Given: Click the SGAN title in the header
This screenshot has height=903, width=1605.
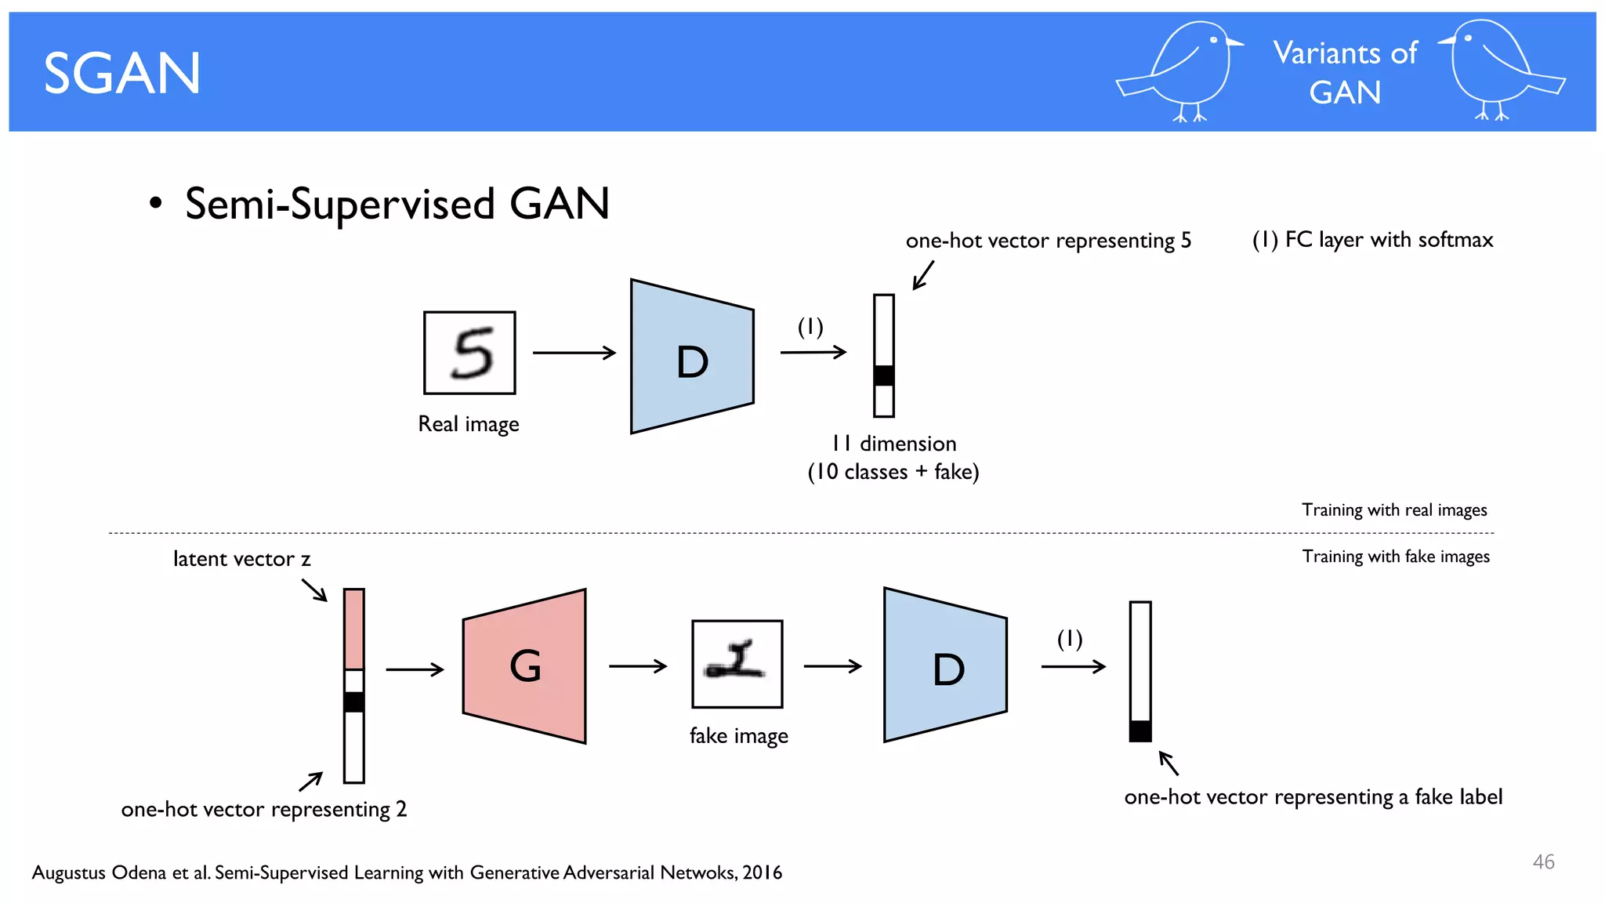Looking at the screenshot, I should pyautogui.click(x=122, y=74).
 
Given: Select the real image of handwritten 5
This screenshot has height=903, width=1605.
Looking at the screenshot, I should pyautogui.click(x=469, y=353).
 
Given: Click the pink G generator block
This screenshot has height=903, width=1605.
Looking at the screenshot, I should pyautogui.click(x=525, y=666).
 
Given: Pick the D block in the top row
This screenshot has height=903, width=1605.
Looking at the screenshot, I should pyautogui.click(x=692, y=357).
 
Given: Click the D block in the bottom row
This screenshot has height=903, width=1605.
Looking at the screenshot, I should pyautogui.click(x=945, y=665).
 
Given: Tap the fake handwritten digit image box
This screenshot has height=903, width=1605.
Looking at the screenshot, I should pyautogui.click(x=737, y=663).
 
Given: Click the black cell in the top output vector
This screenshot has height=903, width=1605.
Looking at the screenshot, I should pyautogui.click(x=884, y=375).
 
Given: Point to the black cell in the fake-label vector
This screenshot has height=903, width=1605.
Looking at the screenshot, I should pyautogui.click(x=1140, y=731).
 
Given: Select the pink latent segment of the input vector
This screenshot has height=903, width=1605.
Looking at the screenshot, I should pyautogui.click(x=354, y=629).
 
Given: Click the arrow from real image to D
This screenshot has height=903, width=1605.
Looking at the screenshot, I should pyautogui.click(x=574, y=353).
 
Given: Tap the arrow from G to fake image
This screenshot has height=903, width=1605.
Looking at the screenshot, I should pyautogui.click(x=638, y=666).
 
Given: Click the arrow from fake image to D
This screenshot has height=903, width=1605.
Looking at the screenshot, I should pyautogui.click(x=832, y=666).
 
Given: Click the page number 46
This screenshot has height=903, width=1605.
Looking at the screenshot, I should pyautogui.click(x=1543, y=861).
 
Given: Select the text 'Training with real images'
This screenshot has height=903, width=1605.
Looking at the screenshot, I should pyautogui.click(x=1394, y=510).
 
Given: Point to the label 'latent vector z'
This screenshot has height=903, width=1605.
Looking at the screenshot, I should pyautogui.click(x=241, y=559).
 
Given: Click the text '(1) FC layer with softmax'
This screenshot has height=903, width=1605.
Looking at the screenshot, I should pyautogui.click(x=1372, y=240).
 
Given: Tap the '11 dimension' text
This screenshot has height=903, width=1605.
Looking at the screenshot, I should pyautogui.click(x=893, y=444).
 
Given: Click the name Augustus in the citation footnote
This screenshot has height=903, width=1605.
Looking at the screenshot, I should pyautogui.click(x=68, y=872).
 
